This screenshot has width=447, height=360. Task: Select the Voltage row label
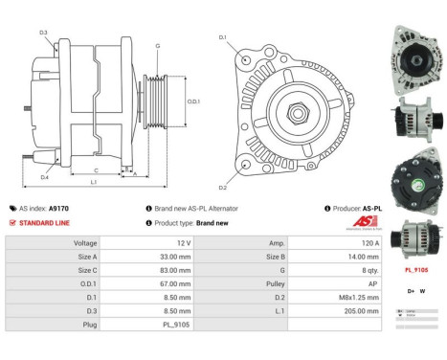pos(85,243)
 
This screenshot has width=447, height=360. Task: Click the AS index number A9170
pos(58,208)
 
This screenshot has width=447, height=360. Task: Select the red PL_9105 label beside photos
pos(415,271)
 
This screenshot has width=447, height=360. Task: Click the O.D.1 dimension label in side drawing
pos(192,101)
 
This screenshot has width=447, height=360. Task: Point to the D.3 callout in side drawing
pos(44,34)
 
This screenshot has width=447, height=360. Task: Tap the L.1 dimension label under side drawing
pos(93,182)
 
